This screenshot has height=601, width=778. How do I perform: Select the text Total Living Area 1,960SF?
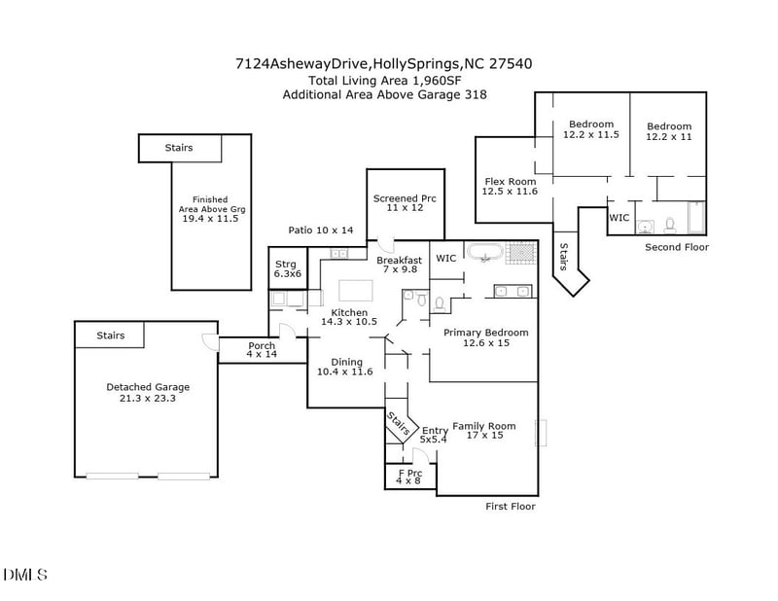[x=383, y=80]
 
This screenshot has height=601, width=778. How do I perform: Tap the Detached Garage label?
[x=148, y=393]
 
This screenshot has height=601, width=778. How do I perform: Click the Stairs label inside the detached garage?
[x=110, y=336]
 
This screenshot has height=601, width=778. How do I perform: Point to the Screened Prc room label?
[x=405, y=203]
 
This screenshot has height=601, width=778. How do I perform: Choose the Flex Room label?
[x=510, y=187]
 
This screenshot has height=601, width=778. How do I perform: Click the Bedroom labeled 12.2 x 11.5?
[x=591, y=129]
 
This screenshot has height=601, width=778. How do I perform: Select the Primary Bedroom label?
[x=485, y=337]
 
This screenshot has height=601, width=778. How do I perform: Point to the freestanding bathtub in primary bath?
[x=483, y=253]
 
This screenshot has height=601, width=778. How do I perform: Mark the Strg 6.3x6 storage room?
[x=286, y=268]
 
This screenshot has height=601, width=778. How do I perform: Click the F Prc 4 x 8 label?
[x=408, y=477]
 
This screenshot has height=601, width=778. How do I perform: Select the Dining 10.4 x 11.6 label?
[x=345, y=367]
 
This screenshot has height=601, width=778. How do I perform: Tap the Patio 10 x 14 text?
[x=321, y=230]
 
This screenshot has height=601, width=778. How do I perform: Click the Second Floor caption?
[x=677, y=248]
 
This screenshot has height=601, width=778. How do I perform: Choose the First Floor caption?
[x=511, y=507]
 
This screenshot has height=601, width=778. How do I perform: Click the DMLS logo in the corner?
[x=24, y=575]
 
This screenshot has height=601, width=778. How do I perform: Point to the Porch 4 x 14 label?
[x=262, y=350]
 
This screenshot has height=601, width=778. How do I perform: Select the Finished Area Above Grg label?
[x=210, y=209]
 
